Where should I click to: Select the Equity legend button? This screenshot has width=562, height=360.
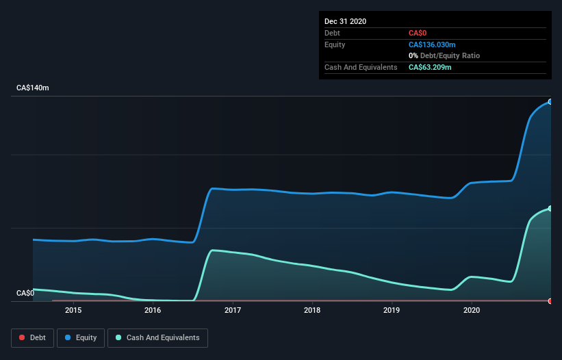tap(80, 337)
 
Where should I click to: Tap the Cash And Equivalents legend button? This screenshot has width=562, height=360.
tap(157, 337)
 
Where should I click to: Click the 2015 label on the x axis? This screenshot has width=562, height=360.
tap(73, 310)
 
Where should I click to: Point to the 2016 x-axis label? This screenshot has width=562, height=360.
tap(153, 310)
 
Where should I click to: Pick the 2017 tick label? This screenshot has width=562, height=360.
tap(233, 310)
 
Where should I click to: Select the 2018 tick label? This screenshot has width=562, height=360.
tap(312, 310)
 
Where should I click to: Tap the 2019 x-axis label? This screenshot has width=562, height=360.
tap(392, 310)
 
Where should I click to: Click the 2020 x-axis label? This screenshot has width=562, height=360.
tap(472, 310)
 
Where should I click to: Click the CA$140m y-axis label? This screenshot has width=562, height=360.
tap(33, 88)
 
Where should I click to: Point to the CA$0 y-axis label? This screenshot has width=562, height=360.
tap(25, 293)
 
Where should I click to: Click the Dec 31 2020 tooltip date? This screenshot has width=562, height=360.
tap(346, 21)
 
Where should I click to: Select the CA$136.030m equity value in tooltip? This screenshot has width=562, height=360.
tap(432, 44)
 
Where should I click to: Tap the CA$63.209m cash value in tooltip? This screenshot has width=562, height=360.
tap(431, 67)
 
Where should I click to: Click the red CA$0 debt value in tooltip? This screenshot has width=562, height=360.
tap(418, 33)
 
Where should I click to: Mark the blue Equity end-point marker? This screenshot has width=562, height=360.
tap(550, 101)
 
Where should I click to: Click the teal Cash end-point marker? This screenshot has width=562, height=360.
tap(550, 209)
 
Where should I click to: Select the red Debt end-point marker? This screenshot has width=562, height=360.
tap(550, 301)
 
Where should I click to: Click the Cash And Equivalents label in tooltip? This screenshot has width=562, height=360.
tap(361, 67)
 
